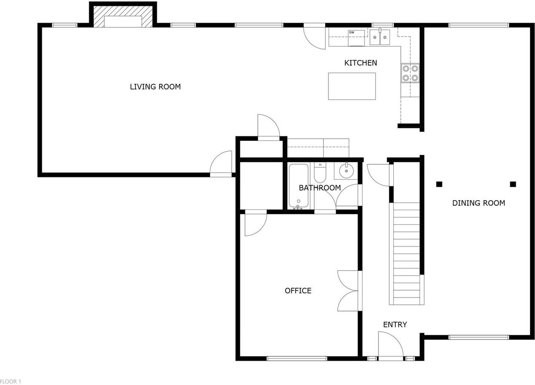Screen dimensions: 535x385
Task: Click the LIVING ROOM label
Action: [155, 87]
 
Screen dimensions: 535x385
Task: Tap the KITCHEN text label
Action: [361, 63]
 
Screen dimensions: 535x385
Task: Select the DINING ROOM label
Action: [479, 203]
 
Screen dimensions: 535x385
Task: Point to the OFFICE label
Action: [298, 291]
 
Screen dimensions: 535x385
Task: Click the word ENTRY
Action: [395, 324]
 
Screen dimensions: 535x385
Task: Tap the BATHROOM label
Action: [320, 188]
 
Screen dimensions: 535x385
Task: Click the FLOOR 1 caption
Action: [10, 381]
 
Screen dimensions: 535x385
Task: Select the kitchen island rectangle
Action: [352, 86]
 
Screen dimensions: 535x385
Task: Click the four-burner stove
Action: [410, 73]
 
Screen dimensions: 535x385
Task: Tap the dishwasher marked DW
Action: [357, 38]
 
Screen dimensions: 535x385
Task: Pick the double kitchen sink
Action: [380, 37]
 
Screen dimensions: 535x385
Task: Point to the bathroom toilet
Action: [320, 173]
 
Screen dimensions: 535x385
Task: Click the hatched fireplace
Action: [123, 16]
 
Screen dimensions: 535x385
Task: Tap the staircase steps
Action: [407, 254]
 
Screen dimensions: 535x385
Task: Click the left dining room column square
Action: [439, 184]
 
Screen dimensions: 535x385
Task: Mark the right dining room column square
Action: [513, 184]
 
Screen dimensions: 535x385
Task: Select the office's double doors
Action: [347, 291]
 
